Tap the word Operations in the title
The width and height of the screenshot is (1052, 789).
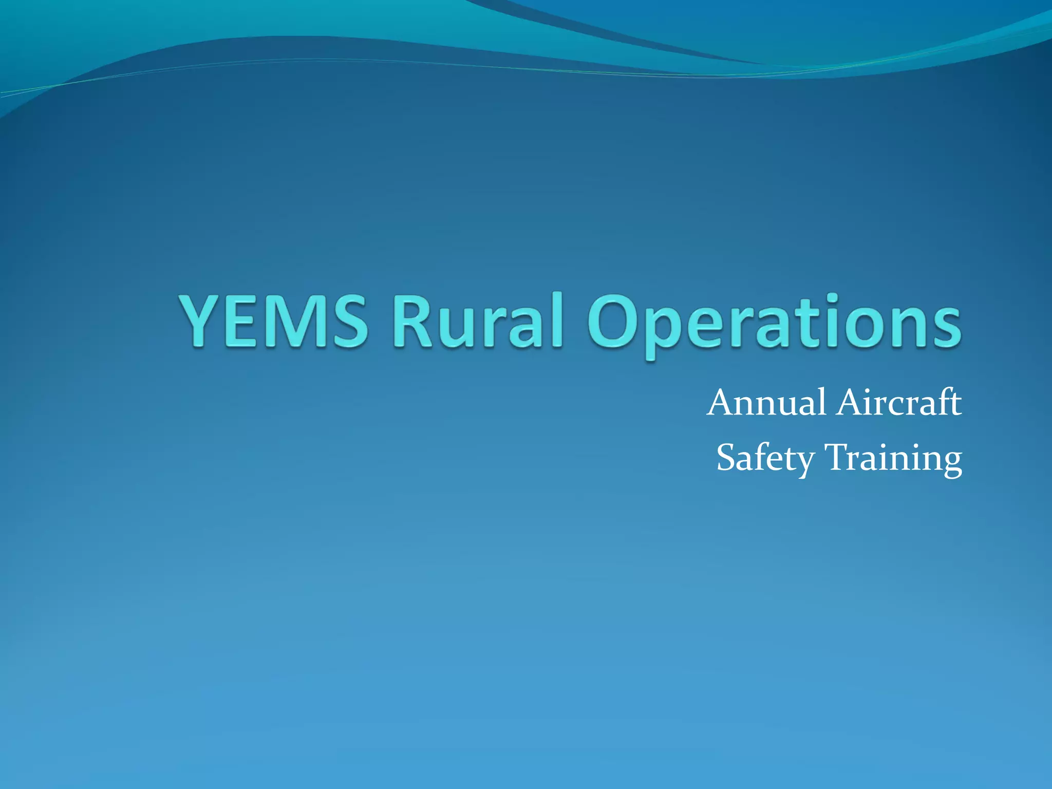pyautogui.click(x=774, y=324)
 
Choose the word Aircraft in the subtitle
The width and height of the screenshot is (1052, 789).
pyautogui.click(x=899, y=403)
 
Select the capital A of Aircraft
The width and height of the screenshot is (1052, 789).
pyautogui.click(x=853, y=403)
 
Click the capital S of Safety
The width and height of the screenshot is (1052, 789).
pyautogui.click(x=728, y=457)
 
